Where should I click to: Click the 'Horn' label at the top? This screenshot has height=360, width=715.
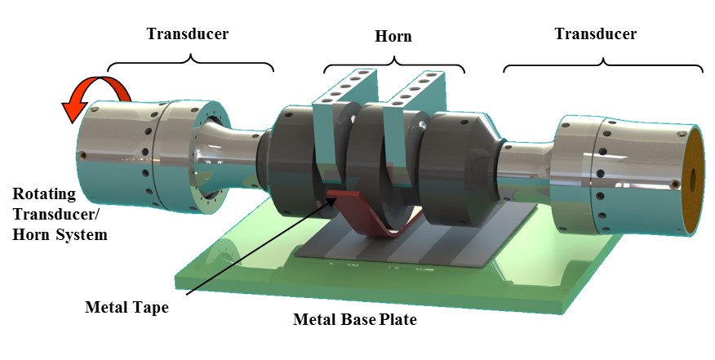pos(393,36)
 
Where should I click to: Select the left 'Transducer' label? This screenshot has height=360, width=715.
pos(187,34)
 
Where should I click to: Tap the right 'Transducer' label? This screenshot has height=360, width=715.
pos(595,34)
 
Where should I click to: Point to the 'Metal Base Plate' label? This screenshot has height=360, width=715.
pos(354,320)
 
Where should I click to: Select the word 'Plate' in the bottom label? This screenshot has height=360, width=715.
pos(399,320)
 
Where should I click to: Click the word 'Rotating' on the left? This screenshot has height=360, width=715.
pos(45,195)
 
